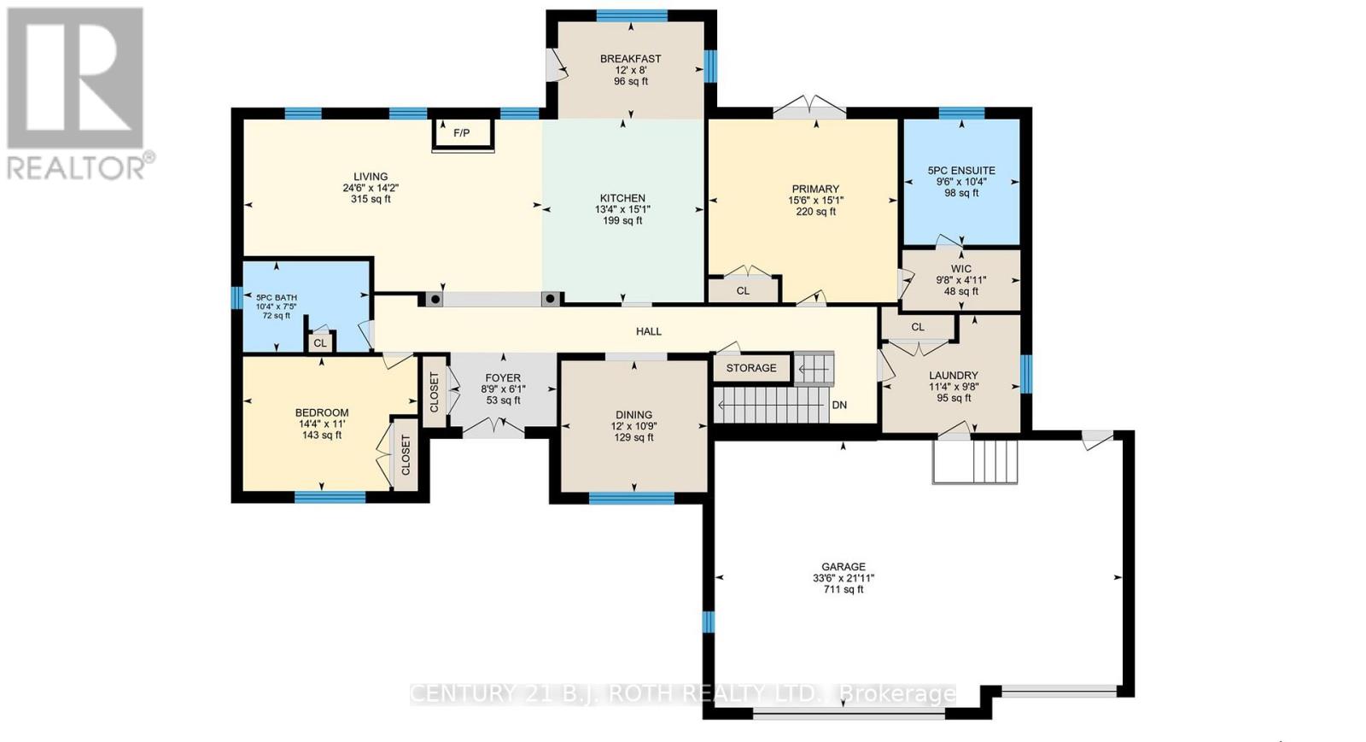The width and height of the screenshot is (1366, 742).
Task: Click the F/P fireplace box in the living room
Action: [462, 133]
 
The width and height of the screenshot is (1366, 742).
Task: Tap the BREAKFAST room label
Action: [630, 59]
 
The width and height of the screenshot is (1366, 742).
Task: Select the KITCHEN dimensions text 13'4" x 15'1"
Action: [622, 209]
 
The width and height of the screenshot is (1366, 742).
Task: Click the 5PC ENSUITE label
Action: [961, 171]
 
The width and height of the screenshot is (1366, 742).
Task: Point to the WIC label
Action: [961, 269]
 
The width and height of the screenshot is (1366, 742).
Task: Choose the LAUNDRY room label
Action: [953, 376]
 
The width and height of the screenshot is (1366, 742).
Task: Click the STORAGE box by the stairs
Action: [751, 368]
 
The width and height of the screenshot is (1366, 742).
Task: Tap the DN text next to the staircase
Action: [839, 405]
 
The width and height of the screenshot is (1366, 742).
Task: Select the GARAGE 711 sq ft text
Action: [843, 589]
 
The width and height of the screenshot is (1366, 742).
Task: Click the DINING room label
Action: [633, 415]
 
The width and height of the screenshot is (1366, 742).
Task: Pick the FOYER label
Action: [503, 378]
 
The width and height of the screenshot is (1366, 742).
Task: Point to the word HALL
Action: [649, 331]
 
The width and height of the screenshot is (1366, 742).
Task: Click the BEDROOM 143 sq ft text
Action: [322, 435]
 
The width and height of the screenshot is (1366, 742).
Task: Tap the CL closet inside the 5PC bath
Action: [320, 343]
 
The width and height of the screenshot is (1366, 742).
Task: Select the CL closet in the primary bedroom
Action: [743, 291]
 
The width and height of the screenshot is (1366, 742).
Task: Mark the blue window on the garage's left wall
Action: [708, 622]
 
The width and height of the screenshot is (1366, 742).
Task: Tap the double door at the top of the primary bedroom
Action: [809, 109]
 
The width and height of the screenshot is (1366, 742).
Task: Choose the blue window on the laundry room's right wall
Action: [1025, 374]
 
